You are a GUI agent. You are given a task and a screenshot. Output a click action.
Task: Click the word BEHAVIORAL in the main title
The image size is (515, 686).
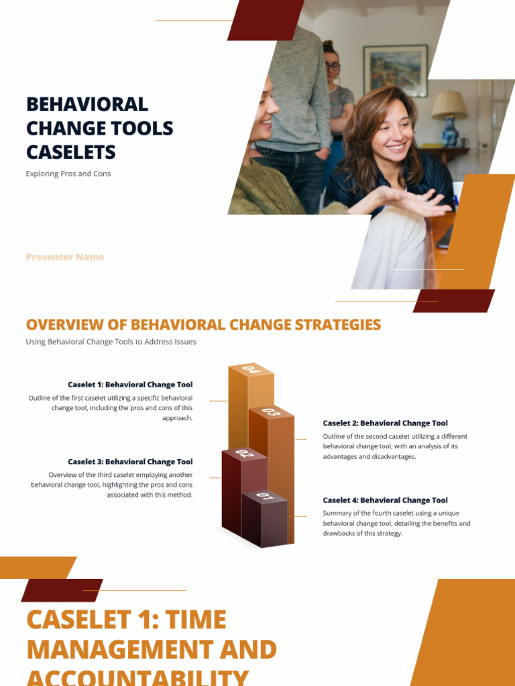coord(87,105)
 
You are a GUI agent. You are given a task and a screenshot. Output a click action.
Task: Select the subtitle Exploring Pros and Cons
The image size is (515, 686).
coord(68,174)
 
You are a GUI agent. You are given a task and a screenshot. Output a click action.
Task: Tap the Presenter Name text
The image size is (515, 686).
coord(65,257)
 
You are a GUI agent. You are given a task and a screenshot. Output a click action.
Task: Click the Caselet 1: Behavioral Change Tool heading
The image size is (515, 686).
coord(130,385)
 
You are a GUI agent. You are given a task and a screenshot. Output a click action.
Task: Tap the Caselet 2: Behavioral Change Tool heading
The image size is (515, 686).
coord(385,423)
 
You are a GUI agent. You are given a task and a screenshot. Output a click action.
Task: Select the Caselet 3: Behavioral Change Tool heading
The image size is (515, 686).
coord(130,462)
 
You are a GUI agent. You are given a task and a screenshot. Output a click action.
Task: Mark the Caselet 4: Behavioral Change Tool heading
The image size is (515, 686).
coord(385,500)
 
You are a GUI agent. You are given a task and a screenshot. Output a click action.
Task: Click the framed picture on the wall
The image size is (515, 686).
coord(396,70)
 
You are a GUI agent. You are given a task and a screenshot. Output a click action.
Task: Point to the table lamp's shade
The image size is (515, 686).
coord(449,105)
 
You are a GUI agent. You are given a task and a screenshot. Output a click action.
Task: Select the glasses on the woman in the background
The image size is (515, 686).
coord(332,66)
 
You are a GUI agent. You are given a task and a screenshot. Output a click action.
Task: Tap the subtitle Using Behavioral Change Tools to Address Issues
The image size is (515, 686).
coord(111,342)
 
